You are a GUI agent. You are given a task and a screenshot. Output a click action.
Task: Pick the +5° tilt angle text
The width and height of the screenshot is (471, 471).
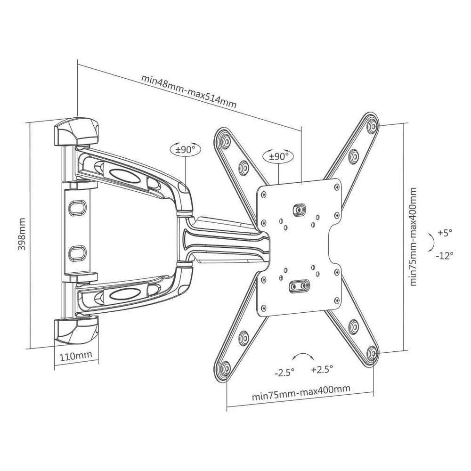(444, 233)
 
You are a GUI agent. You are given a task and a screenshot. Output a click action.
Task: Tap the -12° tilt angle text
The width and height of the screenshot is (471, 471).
(444, 255)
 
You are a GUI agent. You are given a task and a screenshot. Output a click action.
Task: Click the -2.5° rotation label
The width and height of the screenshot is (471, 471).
(284, 372)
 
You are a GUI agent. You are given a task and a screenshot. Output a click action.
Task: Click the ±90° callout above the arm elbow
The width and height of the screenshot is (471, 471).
(186, 149)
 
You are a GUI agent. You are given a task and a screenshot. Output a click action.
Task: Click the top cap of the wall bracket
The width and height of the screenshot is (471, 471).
(76, 131)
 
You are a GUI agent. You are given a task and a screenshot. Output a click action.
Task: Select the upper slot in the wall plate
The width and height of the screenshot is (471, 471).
(76, 207)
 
